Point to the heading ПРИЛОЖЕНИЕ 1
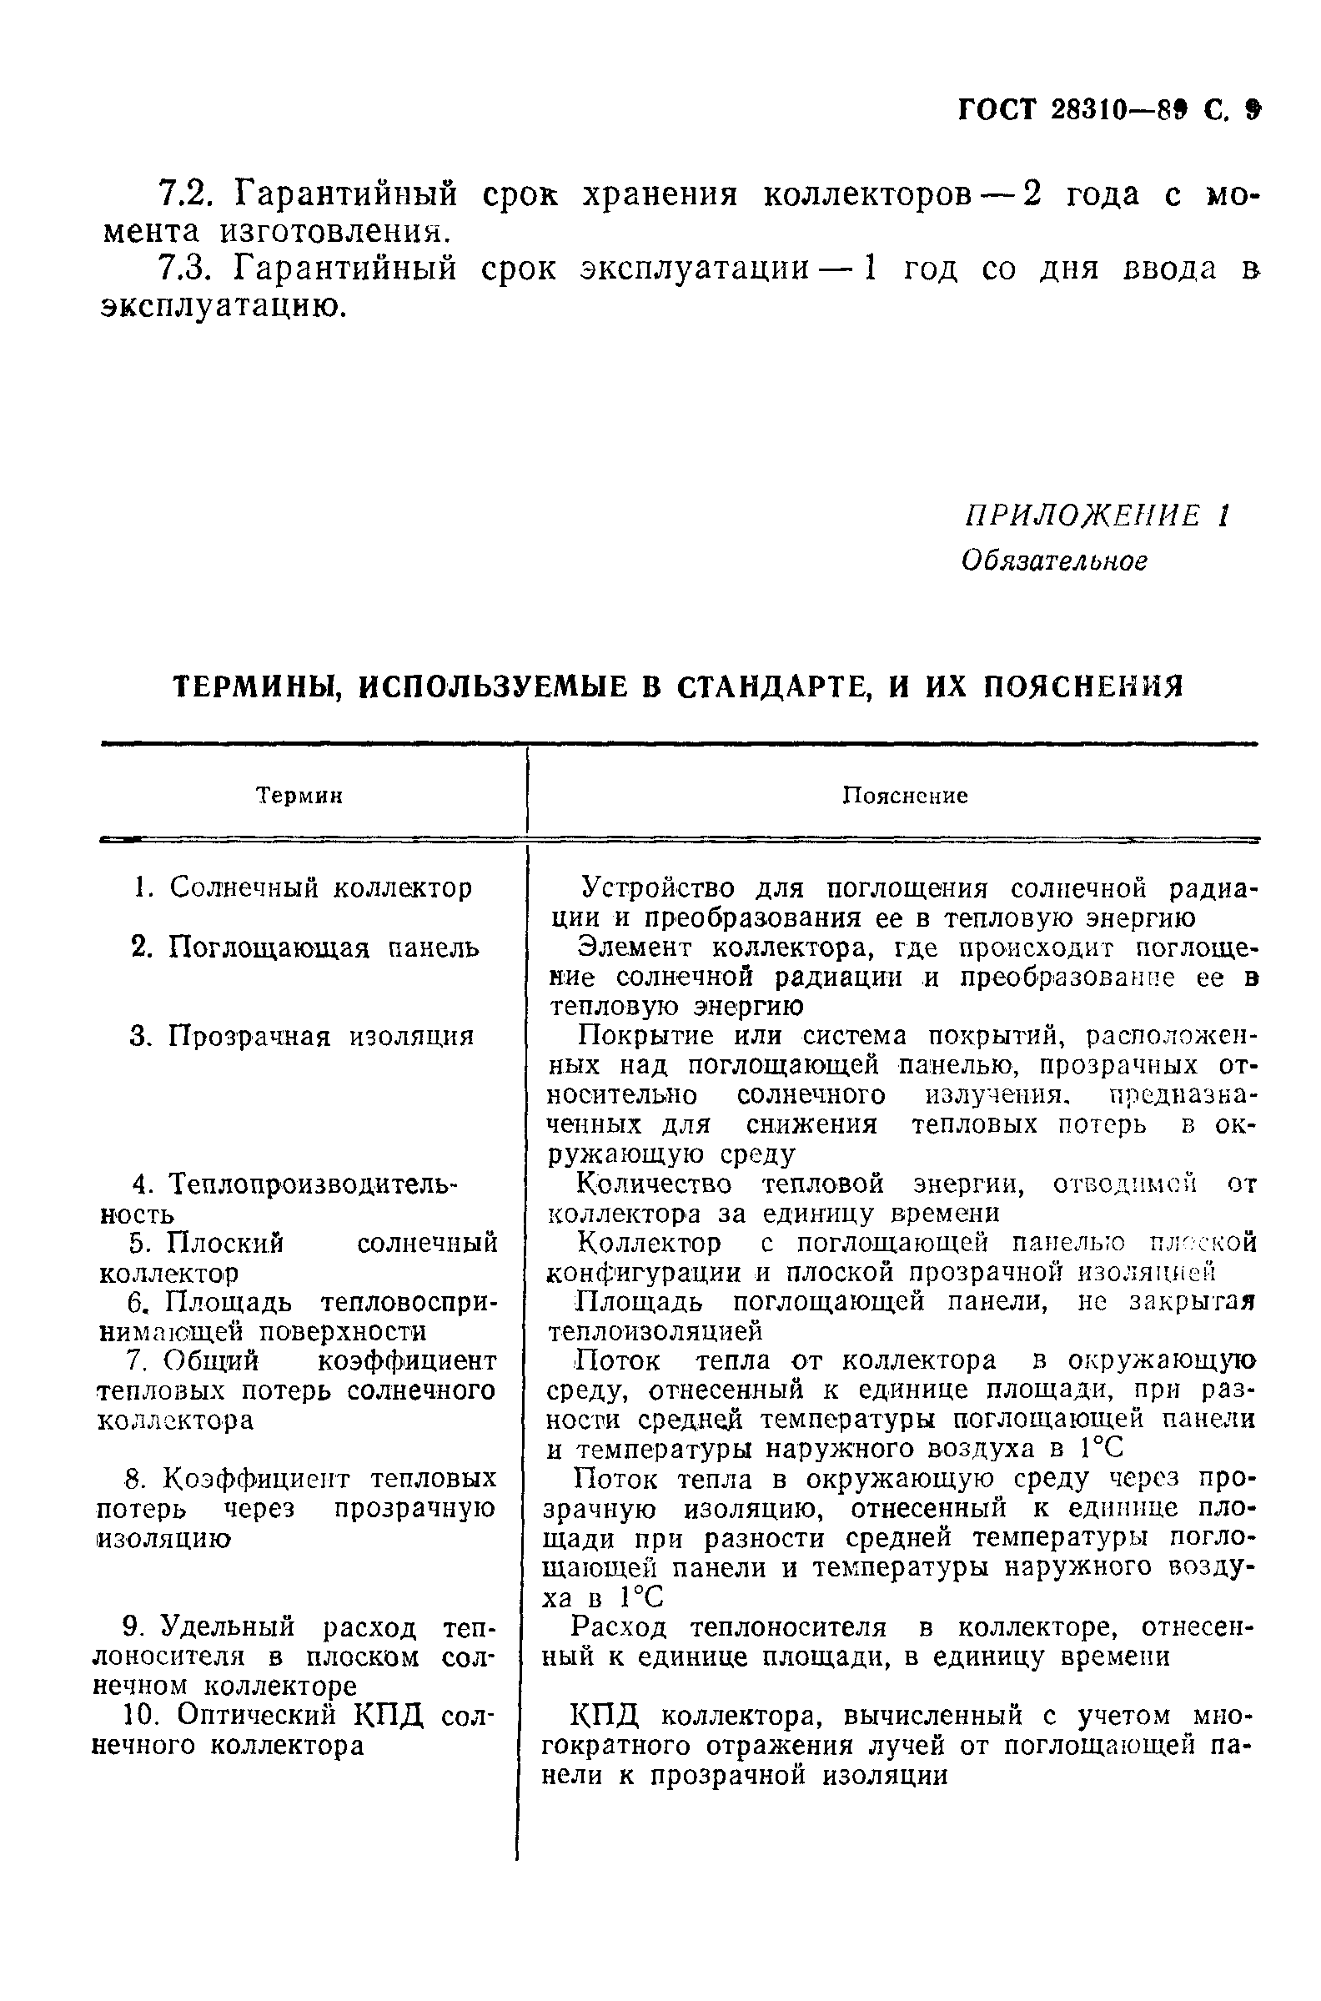(1096, 515)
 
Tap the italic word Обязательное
(1054, 561)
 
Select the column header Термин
(299, 797)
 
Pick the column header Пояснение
(906, 797)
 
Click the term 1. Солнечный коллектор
(304, 888)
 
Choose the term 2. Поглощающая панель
(306, 948)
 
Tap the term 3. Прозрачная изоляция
(303, 1036)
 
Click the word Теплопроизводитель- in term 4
(312, 1184)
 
